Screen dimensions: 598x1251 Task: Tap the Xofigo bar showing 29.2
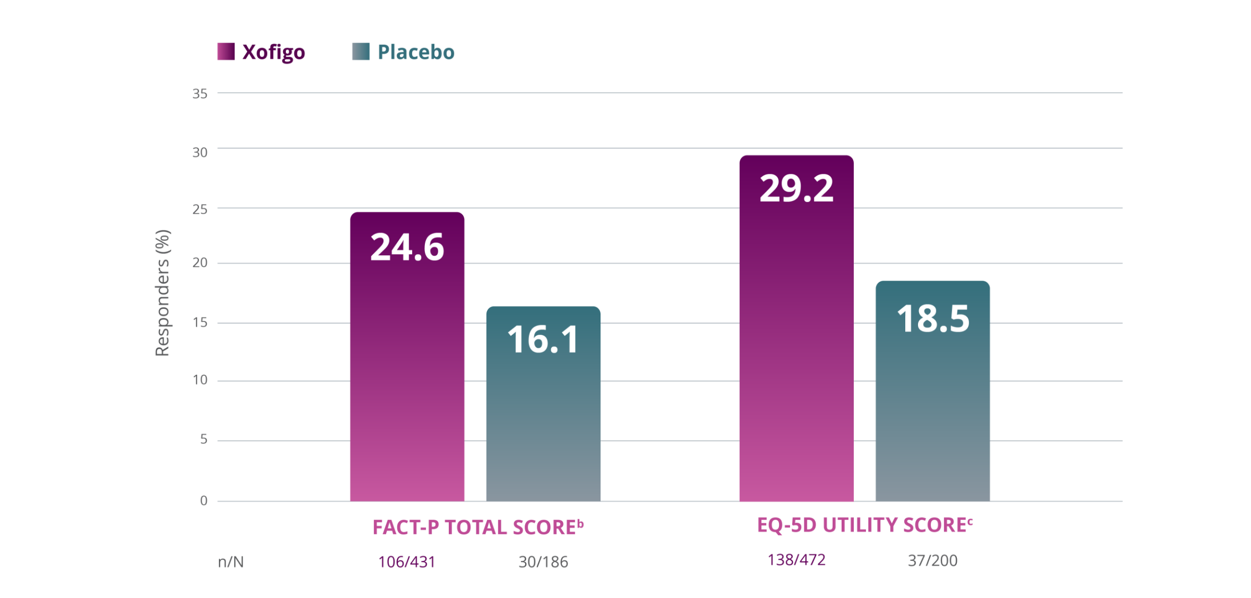click(x=796, y=328)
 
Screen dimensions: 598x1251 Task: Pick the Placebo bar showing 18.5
click(x=932, y=390)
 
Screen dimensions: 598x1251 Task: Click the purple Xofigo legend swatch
click(x=226, y=51)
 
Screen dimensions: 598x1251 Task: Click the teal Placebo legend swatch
click(x=361, y=51)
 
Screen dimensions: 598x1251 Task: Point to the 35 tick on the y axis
click(x=200, y=94)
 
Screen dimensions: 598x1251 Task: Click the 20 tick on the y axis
click(x=200, y=263)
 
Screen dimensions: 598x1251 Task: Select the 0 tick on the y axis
click(x=204, y=501)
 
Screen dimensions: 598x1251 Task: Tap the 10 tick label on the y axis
click(x=200, y=380)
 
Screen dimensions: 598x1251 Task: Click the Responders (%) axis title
click(x=162, y=292)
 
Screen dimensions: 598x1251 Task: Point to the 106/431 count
click(x=407, y=562)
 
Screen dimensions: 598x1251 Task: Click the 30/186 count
click(x=543, y=562)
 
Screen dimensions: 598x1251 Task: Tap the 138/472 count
click(x=796, y=560)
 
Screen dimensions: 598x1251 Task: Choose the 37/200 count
click(x=932, y=560)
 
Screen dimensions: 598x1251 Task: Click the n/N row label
click(x=230, y=562)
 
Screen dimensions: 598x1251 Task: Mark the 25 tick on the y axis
click(x=200, y=209)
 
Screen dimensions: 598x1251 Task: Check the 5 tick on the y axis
click(x=204, y=440)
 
